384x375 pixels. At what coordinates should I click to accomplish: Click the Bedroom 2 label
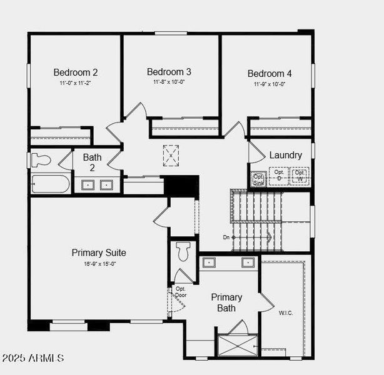(x=75, y=72)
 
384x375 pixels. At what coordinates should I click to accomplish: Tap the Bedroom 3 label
(x=169, y=72)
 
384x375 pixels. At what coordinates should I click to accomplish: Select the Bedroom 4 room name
(x=270, y=73)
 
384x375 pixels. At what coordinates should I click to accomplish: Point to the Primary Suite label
(x=99, y=252)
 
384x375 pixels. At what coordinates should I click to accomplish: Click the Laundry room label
(x=286, y=155)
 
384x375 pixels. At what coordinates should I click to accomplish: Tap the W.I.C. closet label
(x=286, y=312)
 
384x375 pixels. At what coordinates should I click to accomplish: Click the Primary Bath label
(x=226, y=302)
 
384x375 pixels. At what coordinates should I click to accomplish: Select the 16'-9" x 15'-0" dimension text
(x=99, y=264)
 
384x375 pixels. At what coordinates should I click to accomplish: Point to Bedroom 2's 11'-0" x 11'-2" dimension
(x=75, y=82)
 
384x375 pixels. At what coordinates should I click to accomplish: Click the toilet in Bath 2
(x=41, y=160)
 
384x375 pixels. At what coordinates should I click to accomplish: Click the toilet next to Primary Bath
(x=183, y=252)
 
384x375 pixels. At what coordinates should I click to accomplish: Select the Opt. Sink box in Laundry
(x=258, y=179)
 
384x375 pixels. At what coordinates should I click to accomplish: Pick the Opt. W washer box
(x=300, y=175)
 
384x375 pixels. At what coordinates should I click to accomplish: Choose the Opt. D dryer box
(x=279, y=175)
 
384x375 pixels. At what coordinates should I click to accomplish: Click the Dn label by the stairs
(x=226, y=237)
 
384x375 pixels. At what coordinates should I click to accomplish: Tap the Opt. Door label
(x=181, y=292)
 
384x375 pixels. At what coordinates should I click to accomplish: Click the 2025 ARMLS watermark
(x=33, y=358)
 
